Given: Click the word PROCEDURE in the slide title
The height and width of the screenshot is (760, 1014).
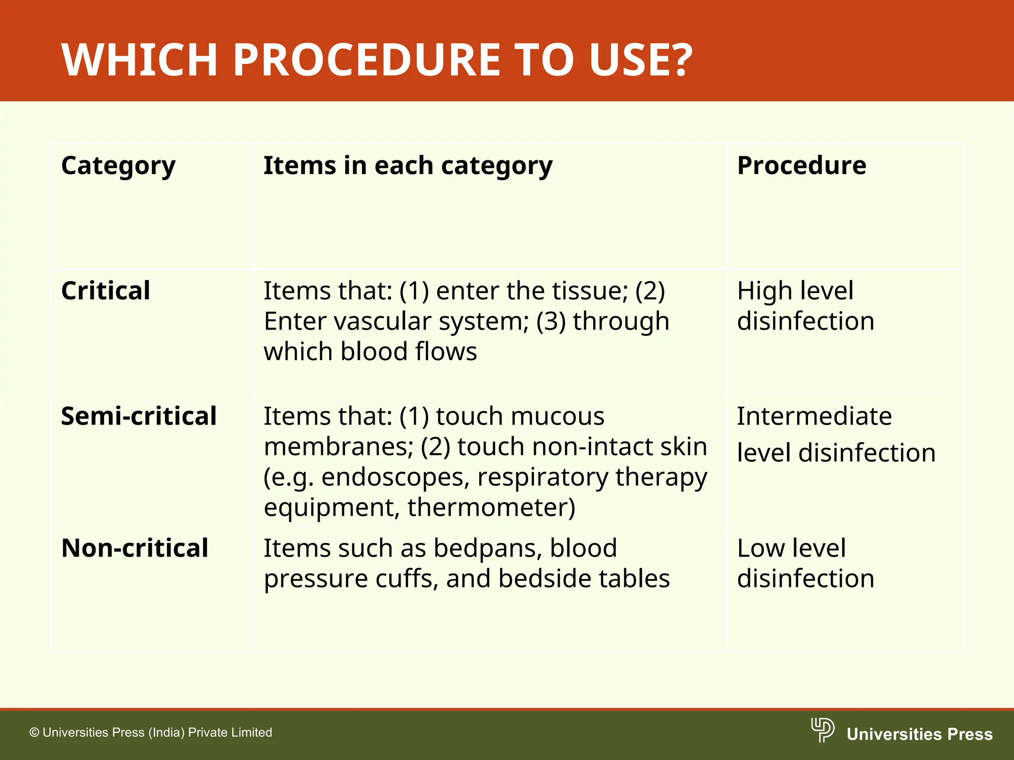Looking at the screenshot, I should coord(367,60).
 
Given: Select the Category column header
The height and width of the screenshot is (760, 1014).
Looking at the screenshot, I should coord(118,166).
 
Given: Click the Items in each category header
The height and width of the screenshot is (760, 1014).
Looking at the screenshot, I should coord(407,166).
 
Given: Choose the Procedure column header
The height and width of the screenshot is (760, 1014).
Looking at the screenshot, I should coord(801,166).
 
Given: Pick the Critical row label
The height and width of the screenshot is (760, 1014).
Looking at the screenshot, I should coord(105,291).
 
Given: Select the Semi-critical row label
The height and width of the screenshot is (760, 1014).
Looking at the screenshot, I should coord(139,416).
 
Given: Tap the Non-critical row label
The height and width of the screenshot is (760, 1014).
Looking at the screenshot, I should coord(135,548).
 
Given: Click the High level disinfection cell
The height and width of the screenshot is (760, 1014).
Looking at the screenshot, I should coord(805,306).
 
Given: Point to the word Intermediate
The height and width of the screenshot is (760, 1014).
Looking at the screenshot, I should coord(814,416).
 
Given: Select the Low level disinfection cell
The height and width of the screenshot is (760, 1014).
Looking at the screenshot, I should coord(805,563).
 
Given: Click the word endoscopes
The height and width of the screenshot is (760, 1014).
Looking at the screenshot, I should coord(395,477).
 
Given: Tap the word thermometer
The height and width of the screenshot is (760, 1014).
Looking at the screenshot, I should coord(490,508).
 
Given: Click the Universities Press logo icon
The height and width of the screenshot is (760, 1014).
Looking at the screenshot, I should coord(822,730).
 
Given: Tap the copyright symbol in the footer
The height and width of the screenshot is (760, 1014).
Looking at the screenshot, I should coord(34,733).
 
